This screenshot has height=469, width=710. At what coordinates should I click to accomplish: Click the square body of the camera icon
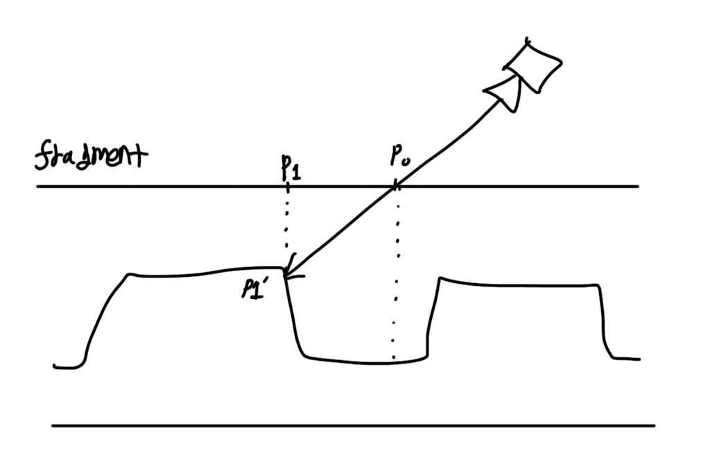coord(532,65)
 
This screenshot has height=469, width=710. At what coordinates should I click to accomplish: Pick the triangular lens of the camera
coord(504,93)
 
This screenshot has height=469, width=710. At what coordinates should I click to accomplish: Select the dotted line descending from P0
coord(396,278)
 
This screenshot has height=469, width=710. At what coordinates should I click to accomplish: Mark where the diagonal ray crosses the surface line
coord(395,186)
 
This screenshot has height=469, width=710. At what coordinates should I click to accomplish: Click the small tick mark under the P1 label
coord(286,186)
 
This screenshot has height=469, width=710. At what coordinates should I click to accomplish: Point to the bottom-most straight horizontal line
coord(354,425)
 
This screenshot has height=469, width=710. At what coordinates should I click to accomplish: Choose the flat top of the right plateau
coord(520,283)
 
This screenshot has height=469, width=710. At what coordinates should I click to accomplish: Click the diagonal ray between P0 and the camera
coord(451,142)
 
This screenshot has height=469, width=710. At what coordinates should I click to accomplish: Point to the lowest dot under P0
coord(393,357)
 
